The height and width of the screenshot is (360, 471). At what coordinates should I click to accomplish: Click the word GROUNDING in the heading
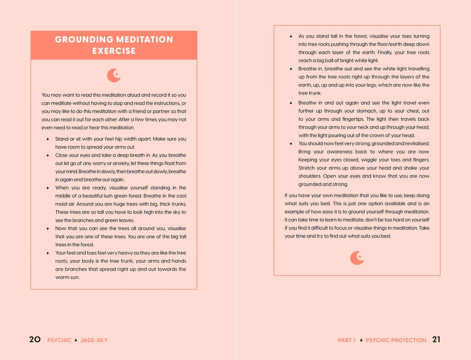click(x=84, y=39)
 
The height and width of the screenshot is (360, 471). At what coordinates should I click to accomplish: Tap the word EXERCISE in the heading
click(x=114, y=51)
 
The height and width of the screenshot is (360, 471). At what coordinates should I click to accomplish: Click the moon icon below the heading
click(x=114, y=76)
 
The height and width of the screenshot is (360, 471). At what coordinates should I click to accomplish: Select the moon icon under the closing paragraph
click(x=357, y=258)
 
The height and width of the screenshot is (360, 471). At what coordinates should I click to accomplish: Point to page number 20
click(x=35, y=339)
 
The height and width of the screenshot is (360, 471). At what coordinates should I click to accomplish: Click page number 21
click(x=436, y=339)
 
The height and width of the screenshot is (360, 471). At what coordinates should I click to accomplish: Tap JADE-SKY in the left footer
click(x=94, y=340)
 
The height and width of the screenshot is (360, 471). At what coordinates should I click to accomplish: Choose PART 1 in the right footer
click(x=346, y=340)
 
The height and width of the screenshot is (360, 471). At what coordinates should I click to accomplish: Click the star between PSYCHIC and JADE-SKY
click(x=76, y=340)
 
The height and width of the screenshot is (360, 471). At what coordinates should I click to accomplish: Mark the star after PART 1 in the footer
click(x=361, y=340)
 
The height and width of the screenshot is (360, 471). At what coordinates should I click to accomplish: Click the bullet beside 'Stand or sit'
click(x=48, y=139)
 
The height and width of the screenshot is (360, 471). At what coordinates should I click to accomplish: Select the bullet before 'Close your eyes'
click(x=48, y=155)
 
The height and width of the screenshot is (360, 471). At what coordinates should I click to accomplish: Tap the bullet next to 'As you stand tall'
click(x=291, y=36)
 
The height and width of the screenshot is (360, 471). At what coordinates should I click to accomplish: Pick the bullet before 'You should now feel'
click(x=291, y=144)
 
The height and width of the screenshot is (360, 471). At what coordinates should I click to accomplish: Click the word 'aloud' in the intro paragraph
click(x=134, y=95)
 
